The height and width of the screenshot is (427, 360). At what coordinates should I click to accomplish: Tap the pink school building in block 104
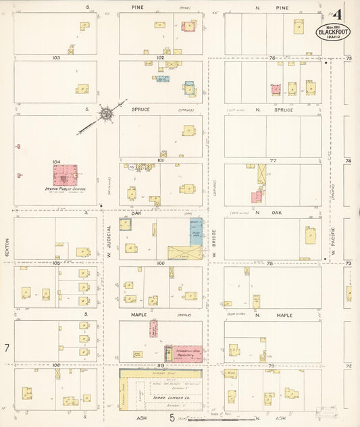click(x=66, y=176)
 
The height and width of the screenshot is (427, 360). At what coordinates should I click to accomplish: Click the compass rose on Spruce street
click(x=105, y=115)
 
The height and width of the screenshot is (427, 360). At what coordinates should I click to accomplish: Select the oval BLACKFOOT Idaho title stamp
click(x=333, y=32)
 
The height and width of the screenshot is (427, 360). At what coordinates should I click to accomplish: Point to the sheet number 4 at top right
click(x=336, y=14)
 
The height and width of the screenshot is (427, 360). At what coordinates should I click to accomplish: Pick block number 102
click(x=160, y=58)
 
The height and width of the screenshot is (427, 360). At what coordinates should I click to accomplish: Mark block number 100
click(x=160, y=263)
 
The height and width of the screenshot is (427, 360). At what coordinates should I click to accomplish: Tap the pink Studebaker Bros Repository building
click(x=187, y=353)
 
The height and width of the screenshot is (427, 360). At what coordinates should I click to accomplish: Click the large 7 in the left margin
click(x=6, y=348)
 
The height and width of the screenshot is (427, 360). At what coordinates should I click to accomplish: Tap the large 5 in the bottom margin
click(x=172, y=418)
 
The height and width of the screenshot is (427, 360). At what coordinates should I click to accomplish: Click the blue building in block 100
click(x=195, y=232)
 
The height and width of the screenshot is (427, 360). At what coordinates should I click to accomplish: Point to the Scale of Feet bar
click(x=203, y=419)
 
